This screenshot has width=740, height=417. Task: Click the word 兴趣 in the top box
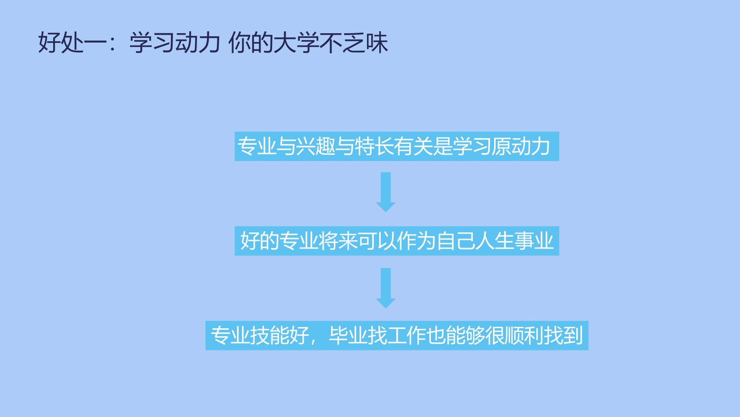coord(315,147)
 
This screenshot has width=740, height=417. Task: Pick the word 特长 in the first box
coord(374,147)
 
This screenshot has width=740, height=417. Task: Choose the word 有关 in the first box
coord(413,147)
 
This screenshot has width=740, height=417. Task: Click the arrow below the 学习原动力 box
coord(386,192)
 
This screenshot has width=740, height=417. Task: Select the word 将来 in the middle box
coord(338,241)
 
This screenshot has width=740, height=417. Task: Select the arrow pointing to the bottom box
coord(386,288)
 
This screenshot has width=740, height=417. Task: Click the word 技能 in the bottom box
coord(270,336)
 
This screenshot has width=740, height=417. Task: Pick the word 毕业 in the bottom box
coord(348,336)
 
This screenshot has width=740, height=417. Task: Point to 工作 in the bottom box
coord(407,336)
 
